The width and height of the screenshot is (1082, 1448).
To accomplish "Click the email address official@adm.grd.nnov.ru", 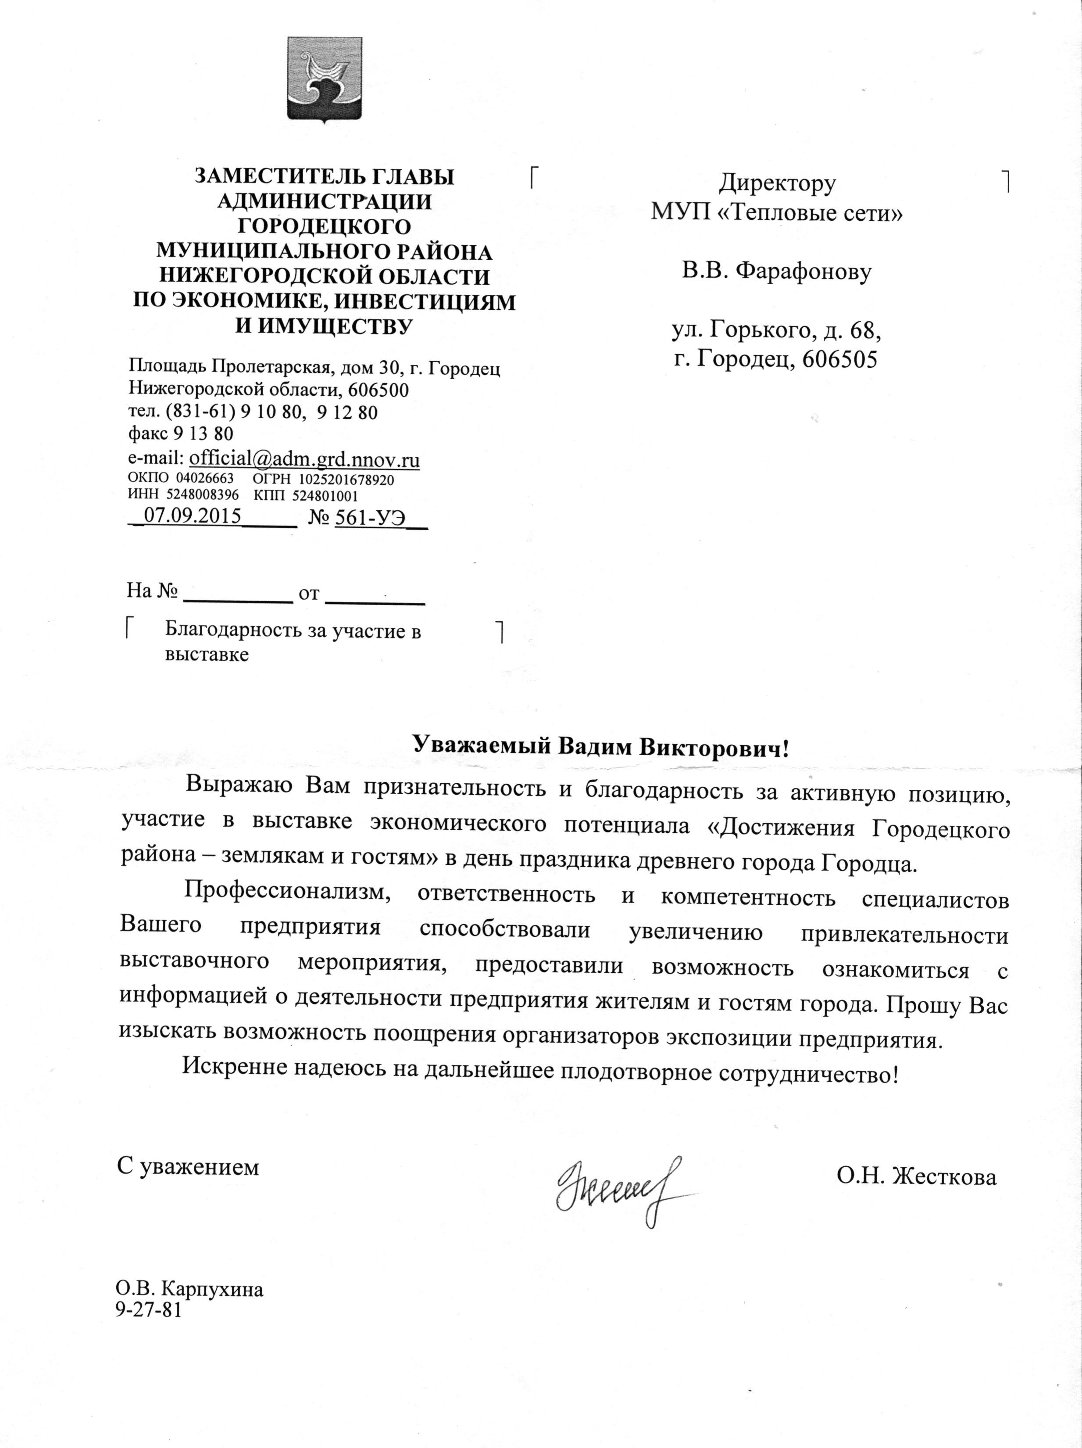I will point(304,459).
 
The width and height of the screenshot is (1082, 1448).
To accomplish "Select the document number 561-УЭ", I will point(370,517).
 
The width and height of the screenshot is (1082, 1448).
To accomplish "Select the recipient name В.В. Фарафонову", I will point(776,271).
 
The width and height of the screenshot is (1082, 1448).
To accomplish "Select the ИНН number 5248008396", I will point(203,495).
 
